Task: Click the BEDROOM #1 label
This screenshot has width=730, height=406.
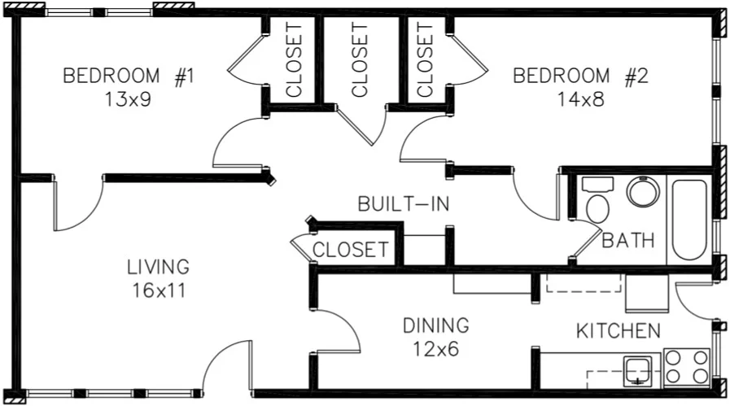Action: coord(129,76)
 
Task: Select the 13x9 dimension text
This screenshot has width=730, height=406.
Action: coord(129,99)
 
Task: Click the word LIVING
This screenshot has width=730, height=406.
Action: coord(158,267)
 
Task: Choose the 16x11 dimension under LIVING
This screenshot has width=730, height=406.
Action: coord(158,290)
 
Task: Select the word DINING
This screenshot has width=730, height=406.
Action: coord(436,325)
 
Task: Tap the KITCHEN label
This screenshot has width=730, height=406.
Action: coord(618,331)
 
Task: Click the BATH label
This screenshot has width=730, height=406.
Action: coord(628,241)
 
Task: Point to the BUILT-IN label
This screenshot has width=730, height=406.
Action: coord(404,204)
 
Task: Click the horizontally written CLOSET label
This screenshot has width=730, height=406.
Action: coord(351,250)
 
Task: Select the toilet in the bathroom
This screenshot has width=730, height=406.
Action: coord(597,203)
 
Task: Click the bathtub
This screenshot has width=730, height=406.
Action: coord(690,217)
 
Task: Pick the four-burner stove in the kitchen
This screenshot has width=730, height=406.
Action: coord(687,366)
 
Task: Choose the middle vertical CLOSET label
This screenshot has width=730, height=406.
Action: coord(360,59)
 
